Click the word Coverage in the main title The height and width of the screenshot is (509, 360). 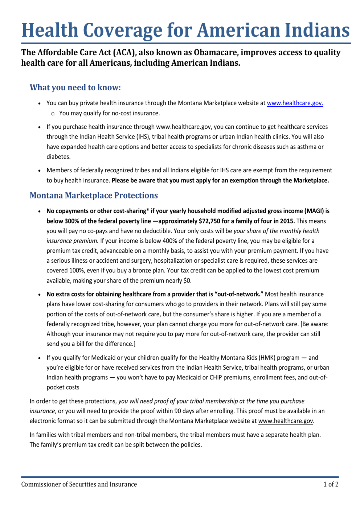120,30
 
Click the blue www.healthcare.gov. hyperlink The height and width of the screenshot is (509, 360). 295,103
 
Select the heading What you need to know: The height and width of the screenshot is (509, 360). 75,87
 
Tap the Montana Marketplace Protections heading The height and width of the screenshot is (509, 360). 94,196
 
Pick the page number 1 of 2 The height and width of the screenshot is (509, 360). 331,484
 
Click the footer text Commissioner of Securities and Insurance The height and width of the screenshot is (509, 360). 79,484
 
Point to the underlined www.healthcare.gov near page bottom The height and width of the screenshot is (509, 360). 286,421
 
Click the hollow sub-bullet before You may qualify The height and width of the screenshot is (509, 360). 53,114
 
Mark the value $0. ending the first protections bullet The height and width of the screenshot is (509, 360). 187,280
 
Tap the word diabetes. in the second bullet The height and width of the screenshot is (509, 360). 58,157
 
